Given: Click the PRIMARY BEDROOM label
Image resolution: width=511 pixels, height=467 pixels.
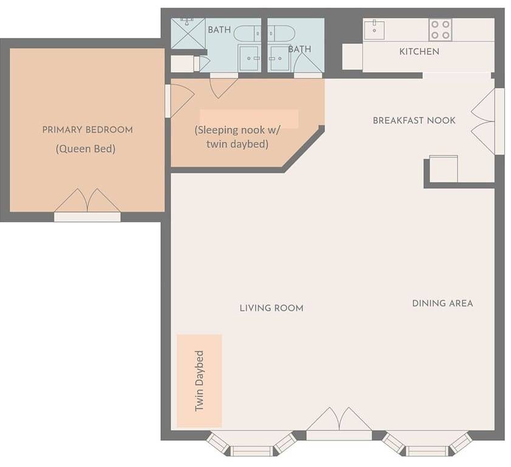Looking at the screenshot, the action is (x=87, y=130).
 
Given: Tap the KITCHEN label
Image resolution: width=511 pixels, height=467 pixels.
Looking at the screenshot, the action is (x=419, y=52).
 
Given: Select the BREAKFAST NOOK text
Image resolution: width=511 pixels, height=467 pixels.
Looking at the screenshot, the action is (x=414, y=120).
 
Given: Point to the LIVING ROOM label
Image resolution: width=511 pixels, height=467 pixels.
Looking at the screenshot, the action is (x=272, y=308).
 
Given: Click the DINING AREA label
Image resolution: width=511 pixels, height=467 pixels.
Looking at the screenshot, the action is (x=442, y=303).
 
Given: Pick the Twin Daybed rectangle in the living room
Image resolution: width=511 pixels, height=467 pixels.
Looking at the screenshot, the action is (x=199, y=381).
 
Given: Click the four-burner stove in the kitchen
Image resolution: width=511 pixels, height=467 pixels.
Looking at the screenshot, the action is (x=441, y=30).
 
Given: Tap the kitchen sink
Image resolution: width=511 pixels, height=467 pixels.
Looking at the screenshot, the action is (x=374, y=30).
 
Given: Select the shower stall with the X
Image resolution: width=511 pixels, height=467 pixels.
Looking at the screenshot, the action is (x=188, y=33).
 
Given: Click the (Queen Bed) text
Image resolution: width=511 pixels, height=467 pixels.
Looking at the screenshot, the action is (x=86, y=149).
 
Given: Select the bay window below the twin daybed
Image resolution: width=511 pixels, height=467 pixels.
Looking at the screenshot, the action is (x=252, y=443).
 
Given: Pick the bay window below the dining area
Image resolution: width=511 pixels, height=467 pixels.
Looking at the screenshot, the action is (x=427, y=443).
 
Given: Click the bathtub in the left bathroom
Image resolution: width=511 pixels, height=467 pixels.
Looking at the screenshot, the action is (x=248, y=33).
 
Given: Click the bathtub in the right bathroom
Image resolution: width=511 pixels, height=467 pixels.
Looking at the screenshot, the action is (x=281, y=33).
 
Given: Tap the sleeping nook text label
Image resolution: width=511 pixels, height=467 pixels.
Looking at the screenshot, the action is (x=237, y=137).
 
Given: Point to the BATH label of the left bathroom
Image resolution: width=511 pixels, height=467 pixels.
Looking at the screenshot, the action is (x=219, y=30).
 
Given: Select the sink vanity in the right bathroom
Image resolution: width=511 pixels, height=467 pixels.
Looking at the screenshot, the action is (x=279, y=58).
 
